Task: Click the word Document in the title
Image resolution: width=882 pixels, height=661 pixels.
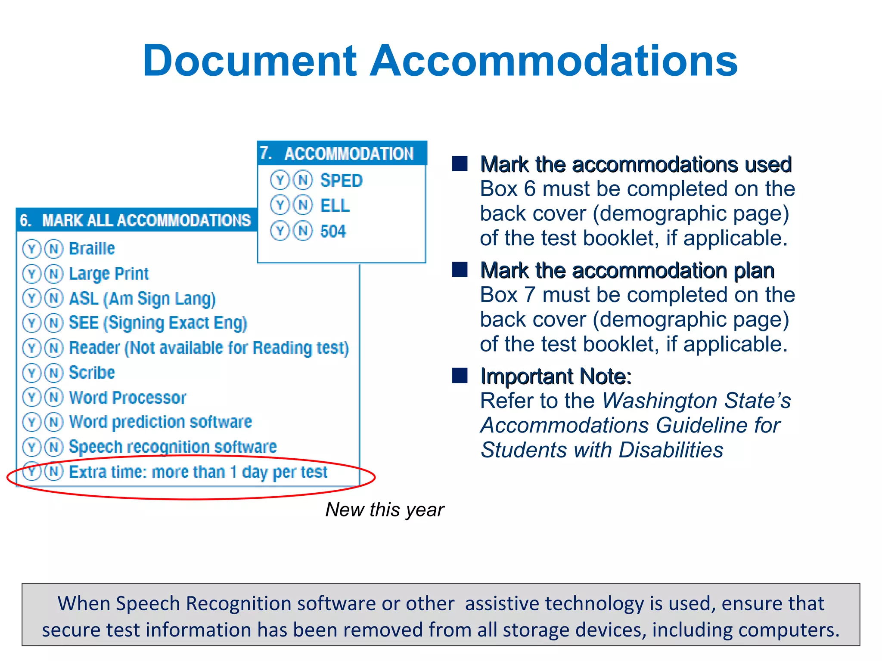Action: [x=250, y=61]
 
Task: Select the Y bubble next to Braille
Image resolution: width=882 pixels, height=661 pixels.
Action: [x=31, y=249]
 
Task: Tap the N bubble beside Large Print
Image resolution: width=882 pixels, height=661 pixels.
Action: [x=54, y=274]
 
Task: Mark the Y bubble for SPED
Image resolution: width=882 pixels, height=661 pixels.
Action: [x=280, y=180]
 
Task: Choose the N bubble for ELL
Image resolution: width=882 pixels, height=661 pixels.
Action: [x=303, y=205]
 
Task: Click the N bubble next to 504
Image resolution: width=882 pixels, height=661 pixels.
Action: [x=303, y=231]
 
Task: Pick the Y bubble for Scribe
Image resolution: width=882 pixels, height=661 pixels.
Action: [x=31, y=373]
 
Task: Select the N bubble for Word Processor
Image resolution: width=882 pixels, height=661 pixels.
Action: [x=54, y=397]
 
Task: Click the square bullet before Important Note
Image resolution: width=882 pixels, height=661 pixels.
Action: [x=460, y=375]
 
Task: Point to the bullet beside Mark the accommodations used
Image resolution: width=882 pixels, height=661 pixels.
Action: [x=460, y=164]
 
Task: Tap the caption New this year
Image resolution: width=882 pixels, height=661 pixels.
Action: [x=384, y=510]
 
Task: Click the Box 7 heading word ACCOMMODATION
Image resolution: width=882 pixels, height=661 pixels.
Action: [x=349, y=154]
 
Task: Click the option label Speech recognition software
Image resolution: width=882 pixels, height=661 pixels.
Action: [x=173, y=447]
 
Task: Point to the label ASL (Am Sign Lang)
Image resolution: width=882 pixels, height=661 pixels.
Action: [x=142, y=299]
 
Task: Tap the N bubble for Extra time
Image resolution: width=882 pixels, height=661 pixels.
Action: [x=54, y=471]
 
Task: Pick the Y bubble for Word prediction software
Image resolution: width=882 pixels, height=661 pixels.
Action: [x=31, y=422]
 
